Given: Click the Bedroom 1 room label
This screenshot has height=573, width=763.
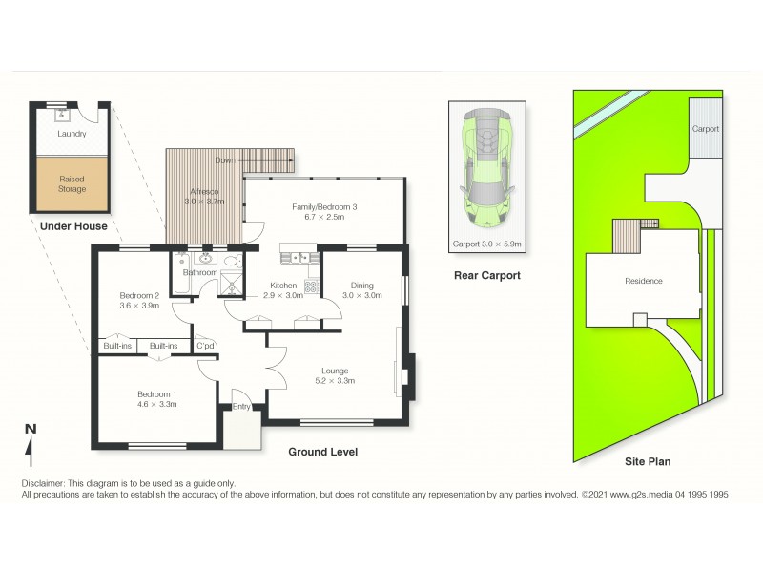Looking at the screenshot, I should tap(156, 398).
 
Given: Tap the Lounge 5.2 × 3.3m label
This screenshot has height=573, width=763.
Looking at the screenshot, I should tap(335, 375).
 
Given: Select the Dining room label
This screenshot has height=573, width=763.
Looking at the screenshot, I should tap(361, 289).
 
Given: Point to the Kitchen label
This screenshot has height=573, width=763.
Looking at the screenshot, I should tap(283, 290).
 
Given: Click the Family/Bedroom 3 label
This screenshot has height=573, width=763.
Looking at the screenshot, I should tap(323, 211).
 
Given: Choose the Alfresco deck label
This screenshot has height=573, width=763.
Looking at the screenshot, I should tap(203, 196).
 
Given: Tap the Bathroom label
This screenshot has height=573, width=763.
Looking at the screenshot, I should tap(200, 273).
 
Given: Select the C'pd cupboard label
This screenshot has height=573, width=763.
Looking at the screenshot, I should tap(205, 346).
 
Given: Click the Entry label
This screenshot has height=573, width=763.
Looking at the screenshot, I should tap(241, 407).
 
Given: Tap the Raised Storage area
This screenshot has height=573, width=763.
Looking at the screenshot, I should tap(72, 183).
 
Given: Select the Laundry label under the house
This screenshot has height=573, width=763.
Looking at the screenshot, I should tap(72, 134).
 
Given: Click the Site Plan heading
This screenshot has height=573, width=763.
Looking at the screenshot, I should tap(648, 461).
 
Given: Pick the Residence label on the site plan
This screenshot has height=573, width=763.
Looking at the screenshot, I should tap(644, 281).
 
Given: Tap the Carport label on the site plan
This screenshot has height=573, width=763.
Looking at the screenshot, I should tap(705, 128).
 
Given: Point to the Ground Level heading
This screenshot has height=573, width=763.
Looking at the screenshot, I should tap(323, 452).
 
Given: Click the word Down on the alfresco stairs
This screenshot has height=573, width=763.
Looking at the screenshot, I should tap(224, 159).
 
